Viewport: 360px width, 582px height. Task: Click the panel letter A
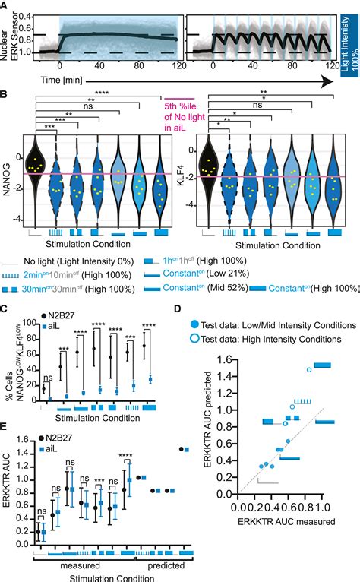click(5, 7)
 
